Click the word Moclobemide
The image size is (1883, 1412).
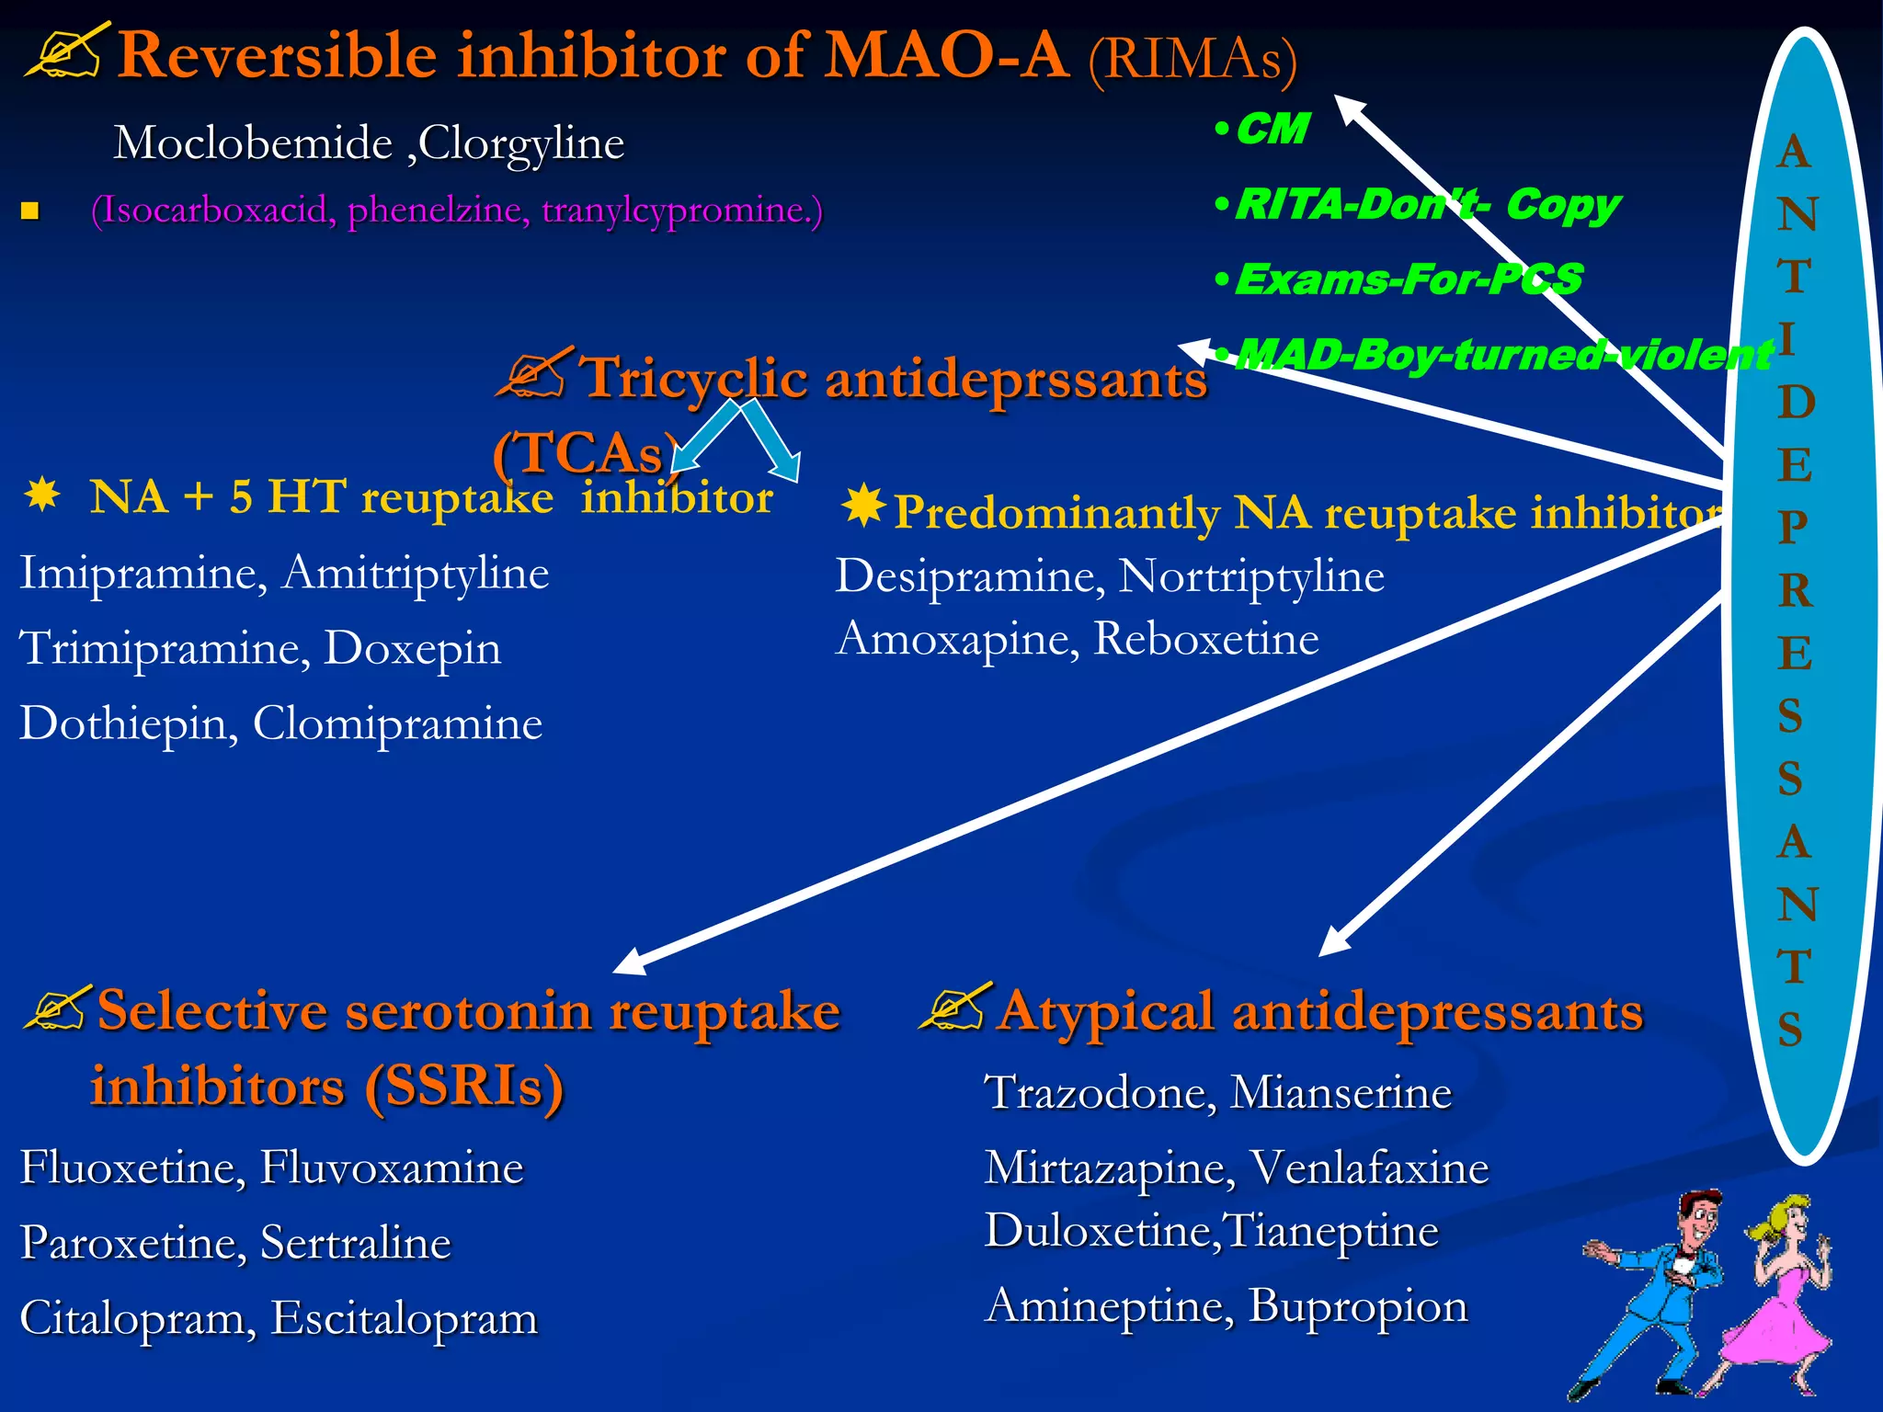pyautogui.click(x=253, y=143)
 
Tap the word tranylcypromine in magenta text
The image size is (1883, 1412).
pyautogui.click(x=681, y=211)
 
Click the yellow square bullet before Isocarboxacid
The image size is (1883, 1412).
pyautogui.click(x=30, y=212)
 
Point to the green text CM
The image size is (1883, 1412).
pyautogui.click(x=1272, y=130)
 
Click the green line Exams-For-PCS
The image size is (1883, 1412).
pyautogui.click(x=1408, y=279)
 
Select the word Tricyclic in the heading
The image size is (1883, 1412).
pyautogui.click(x=695, y=379)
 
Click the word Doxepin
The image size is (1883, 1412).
pyautogui.click(x=413, y=649)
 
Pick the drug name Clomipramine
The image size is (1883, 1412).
pyautogui.click(x=397, y=724)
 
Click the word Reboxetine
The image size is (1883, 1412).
pyautogui.click(x=1206, y=639)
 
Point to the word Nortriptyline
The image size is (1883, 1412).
pyautogui.click(x=1251, y=577)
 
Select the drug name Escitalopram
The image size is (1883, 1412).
pyautogui.click(x=404, y=1318)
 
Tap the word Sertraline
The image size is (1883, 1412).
pyautogui.click(x=356, y=1243)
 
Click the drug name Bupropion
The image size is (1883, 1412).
pyautogui.click(x=1358, y=1306)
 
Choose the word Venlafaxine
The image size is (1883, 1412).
pyautogui.click(x=1369, y=1168)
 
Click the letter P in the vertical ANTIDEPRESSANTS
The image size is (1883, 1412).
pyautogui.click(x=1794, y=527)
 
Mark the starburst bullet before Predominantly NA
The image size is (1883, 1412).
pyautogui.click(x=862, y=507)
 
